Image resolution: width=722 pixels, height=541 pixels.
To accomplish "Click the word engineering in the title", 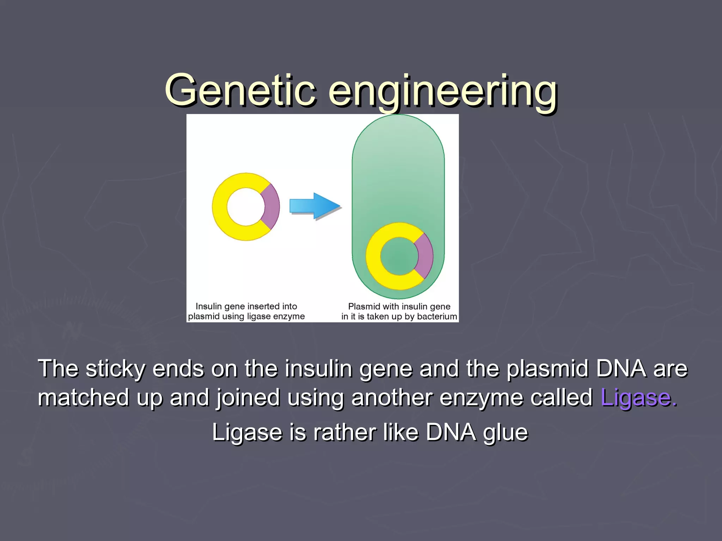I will click(443, 92).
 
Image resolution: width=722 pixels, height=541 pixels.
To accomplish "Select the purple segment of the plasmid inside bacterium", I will click(424, 256).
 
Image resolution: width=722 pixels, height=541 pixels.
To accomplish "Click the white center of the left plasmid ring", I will click(245, 207).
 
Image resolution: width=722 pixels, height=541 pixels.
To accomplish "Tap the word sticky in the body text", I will click(115, 369).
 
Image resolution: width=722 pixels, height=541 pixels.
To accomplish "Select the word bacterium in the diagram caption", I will click(437, 316).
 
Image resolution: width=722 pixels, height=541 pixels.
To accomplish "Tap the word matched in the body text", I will click(84, 398).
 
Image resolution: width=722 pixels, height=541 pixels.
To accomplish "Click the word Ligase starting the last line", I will click(247, 432).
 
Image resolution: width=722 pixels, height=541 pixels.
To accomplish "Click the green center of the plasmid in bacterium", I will click(399, 256).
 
